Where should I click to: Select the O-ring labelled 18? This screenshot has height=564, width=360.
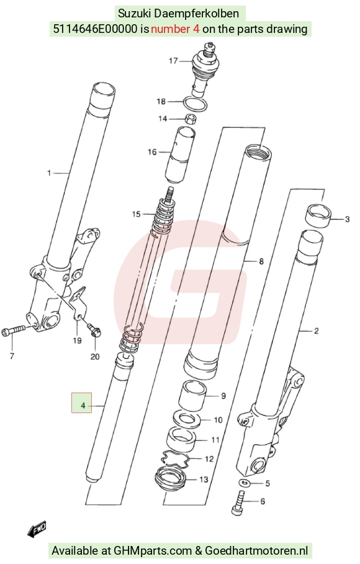pos(195,104)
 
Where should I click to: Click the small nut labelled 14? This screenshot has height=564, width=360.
pos(190,119)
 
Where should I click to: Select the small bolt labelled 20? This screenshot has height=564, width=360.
pos(94,330)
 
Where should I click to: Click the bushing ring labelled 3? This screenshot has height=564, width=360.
pos(318,216)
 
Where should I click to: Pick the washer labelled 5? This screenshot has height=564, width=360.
pos(245,483)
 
